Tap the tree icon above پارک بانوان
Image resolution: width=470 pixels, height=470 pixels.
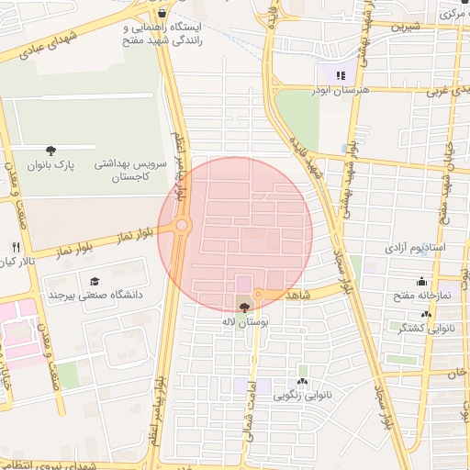[50, 150]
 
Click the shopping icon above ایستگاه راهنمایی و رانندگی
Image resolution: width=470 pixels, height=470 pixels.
[162, 14]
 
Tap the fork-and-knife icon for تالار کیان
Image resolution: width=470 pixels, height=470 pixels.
[16, 247]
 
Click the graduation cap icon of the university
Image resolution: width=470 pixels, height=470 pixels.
[94, 281]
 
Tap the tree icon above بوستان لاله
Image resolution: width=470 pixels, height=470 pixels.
[244, 308]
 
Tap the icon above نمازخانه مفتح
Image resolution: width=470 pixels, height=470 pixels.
[421, 281]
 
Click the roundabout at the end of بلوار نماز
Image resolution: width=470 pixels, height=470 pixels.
[182, 225]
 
